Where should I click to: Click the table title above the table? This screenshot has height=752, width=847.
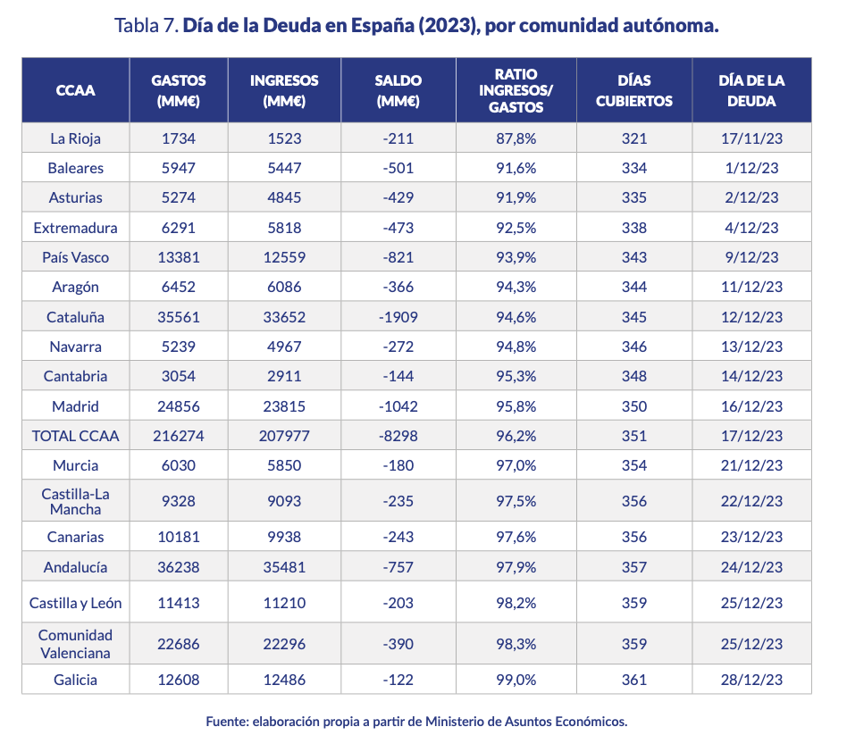pos(417,25)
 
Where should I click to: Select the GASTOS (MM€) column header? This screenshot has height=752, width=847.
pos(178,90)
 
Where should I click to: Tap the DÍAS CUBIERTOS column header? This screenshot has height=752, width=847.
pos(633,90)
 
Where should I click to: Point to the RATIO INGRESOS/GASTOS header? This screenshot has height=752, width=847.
pos(516,90)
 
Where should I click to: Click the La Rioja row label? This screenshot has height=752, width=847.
pos(75,138)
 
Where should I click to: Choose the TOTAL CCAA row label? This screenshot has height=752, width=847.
pos(75,436)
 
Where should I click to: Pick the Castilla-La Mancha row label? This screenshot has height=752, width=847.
pos(75,501)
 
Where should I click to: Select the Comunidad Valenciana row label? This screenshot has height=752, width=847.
pos(75,644)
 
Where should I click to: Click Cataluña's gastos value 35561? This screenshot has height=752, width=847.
pos(178,317)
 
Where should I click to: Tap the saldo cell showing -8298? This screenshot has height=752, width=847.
pos(398,436)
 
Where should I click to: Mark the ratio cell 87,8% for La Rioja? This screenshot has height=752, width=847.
pos(516,138)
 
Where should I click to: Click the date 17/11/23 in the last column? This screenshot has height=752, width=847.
pos(751,138)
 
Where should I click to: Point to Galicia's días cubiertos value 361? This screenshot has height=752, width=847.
pos(633,680)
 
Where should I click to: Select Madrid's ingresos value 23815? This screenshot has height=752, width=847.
pos(284,406)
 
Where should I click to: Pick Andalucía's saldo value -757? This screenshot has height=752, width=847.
pos(398,567)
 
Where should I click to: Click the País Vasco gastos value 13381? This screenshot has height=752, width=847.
pos(178,257)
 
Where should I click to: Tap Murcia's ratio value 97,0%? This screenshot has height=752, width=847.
pos(516,465)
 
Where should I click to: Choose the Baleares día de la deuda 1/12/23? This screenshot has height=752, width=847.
pos(751,168)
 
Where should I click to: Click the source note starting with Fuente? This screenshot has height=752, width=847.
pos(416,721)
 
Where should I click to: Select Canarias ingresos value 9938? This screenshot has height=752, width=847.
pos(284,537)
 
